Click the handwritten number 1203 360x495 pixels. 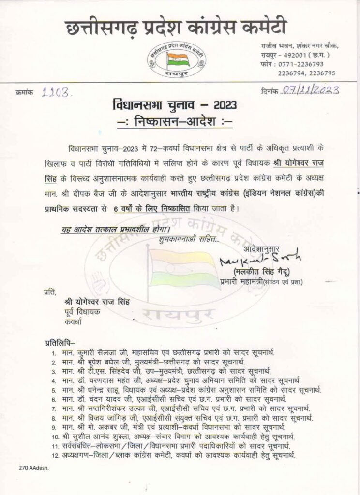(x=57, y=90)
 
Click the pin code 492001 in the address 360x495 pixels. (x=289, y=55)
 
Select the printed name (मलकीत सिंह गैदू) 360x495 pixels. (x=263, y=271)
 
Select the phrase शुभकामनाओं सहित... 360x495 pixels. (x=188, y=238)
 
